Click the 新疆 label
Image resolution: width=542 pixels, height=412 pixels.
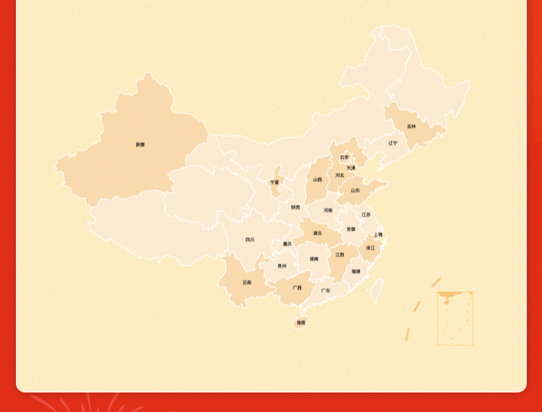140,144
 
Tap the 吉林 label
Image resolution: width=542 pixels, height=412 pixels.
411,126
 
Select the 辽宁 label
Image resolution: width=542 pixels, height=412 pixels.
392,143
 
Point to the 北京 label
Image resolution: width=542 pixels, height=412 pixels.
345,157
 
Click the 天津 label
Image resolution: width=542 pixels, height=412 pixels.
350,167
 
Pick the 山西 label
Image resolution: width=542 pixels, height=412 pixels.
317,180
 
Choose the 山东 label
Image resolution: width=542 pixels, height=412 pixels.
355,190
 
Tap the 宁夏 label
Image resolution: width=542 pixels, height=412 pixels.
275,183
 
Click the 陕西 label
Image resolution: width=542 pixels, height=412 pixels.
296,207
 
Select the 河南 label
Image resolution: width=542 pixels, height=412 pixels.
328,210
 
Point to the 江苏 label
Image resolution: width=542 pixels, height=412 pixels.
366,214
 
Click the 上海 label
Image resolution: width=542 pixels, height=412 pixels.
378,235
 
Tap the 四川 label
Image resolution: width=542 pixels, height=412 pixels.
250,239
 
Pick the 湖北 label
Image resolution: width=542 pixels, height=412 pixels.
317,233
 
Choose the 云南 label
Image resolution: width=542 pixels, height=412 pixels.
247,282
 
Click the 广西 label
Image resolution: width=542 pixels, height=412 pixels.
297,287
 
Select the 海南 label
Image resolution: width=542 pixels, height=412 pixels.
301,323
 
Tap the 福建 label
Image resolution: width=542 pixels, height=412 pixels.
356,271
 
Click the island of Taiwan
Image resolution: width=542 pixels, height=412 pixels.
377,290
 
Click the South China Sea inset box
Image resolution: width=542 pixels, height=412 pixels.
455,318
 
